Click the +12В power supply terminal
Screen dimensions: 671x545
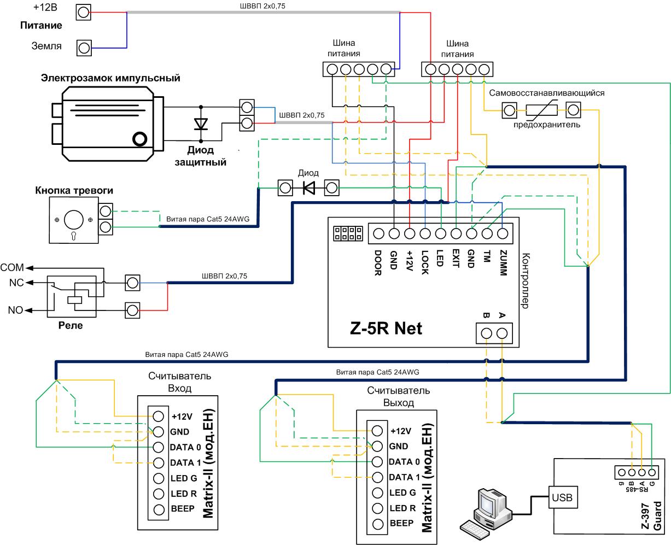tap(84, 12)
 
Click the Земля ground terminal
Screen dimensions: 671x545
tap(84, 48)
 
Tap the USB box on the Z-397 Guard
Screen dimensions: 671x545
tap(563, 497)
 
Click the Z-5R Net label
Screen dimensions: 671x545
tap(386, 329)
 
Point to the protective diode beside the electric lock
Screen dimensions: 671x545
tap(201, 124)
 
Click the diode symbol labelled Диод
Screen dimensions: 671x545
tap(309, 188)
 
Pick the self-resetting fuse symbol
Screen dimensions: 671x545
tap(541, 110)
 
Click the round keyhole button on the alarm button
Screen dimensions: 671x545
tap(73, 220)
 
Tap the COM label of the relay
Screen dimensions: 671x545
tap(12, 268)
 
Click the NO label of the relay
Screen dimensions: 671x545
tap(15, 310)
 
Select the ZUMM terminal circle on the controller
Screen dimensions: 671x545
tap(503, 233)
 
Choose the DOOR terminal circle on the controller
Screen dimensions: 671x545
tap(378, 233)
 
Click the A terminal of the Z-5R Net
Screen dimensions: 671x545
tap(502, 333)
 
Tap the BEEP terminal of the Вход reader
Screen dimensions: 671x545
tap(159, 509)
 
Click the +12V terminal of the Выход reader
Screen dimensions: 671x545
tap(377, 430)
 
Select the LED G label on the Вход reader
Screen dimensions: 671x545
tap(184, 478)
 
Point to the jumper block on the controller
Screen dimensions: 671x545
tap(348, 233)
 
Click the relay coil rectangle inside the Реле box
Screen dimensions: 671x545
tap(75, 300)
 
